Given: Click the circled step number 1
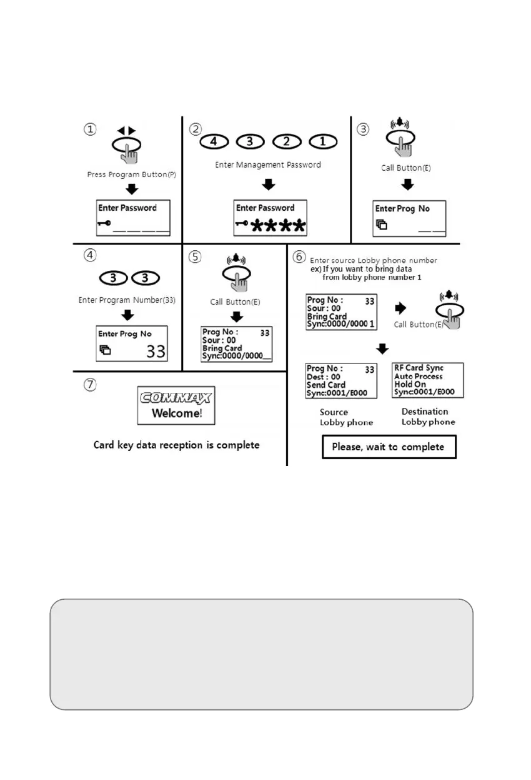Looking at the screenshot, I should (91, 129).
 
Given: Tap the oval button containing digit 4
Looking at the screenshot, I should (214, 142).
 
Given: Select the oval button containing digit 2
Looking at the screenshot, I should (287, 142).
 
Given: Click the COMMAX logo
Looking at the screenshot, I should (176, 398).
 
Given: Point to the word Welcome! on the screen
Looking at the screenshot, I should (177, 414).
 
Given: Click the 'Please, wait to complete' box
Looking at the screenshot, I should (389, 447).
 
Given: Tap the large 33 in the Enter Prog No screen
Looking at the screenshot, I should (156, 351).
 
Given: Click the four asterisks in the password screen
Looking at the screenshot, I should (279, 225).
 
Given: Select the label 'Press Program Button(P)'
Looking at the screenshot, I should (132, 175).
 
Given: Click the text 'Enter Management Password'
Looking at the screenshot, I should (268, 165).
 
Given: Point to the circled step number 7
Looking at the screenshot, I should (91, 385).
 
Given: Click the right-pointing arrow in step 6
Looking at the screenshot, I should (402, 308).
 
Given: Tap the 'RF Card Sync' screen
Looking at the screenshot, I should (428, 380).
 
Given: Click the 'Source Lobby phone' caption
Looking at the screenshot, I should (346, 417).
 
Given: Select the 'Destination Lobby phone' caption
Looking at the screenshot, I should (428, 417).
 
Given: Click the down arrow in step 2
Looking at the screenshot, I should (269, 185).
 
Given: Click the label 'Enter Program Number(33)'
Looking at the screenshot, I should (127, 300).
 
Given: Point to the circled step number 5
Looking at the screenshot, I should (196, 256).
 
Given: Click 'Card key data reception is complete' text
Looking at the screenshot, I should (176, 445).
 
